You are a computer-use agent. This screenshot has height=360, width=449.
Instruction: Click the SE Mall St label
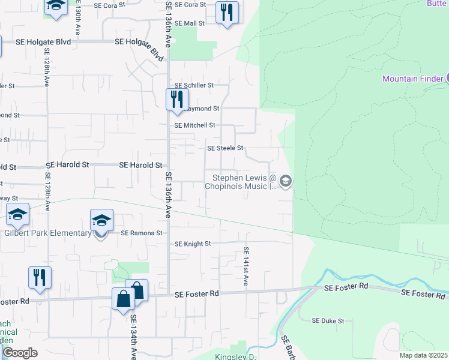(190, 23)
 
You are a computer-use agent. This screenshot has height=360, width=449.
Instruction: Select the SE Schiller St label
(194, 86)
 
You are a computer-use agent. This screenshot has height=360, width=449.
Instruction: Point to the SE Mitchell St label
(194, 125)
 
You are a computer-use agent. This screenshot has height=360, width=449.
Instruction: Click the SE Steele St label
(225, 148)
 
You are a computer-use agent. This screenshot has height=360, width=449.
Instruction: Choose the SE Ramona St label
(142, 233)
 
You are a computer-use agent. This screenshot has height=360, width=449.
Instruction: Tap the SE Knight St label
(193, 244)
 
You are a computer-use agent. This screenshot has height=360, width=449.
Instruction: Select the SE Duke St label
(328, 321)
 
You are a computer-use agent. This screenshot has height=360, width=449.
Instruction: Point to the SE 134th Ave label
(133, 338)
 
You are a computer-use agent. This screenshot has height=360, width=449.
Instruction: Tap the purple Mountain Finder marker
(447, 78)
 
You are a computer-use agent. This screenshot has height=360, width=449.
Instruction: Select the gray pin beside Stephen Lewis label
(286, 181)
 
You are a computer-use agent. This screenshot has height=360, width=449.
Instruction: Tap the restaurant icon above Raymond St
(176, 100)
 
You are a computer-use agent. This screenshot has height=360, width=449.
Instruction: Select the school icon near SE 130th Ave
(56, 7)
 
